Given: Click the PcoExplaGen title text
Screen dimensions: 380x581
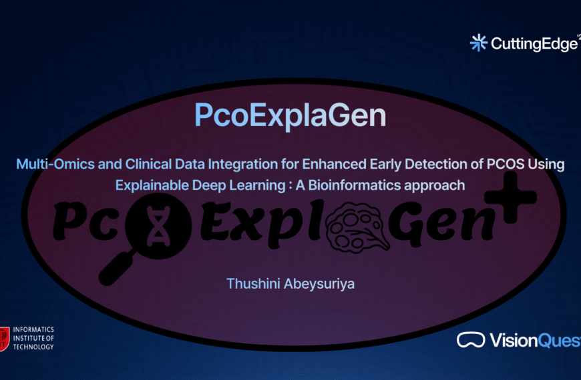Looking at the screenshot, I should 290,115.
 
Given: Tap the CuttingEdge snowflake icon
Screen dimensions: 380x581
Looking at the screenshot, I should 478,43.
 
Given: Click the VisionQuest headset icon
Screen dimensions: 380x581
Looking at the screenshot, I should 471,340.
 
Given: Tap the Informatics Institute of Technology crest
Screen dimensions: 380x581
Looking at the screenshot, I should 5,339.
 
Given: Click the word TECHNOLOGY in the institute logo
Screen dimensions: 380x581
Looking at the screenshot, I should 34,347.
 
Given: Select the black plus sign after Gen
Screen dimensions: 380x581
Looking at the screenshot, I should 515,197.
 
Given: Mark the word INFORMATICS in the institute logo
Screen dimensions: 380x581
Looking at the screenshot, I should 34,330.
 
